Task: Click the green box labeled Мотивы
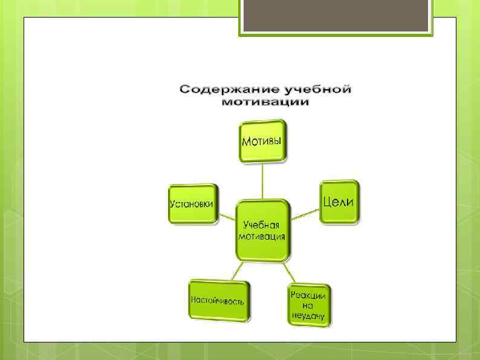(262, 141)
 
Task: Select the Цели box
(339, 201)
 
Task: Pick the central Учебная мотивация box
(262, 230)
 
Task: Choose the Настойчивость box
(218, 300)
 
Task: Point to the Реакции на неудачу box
(308, 305)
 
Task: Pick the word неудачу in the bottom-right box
(308, 316)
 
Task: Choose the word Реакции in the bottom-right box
(308, 295)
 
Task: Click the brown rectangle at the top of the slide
(336, 15)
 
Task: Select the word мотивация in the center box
(261, 236)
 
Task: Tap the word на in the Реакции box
(308, 306)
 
